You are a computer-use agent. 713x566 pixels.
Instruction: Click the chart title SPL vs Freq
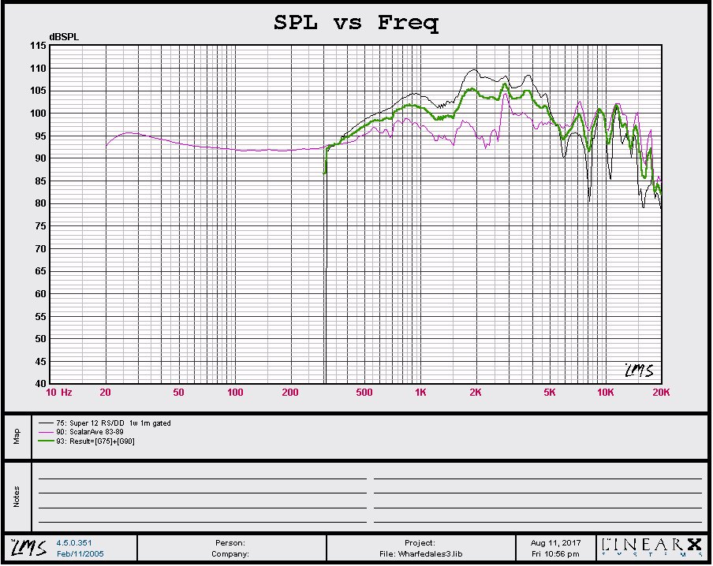[x=356, y=22]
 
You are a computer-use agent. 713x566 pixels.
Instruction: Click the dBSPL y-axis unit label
[x=64, y=37]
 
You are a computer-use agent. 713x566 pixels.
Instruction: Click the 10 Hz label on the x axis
[x=59, y=393]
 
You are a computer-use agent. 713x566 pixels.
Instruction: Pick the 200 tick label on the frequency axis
[x=290, y=393]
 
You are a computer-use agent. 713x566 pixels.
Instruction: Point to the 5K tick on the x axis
[x=550, y=393]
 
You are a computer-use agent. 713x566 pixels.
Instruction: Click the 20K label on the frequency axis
[x=661, y=393]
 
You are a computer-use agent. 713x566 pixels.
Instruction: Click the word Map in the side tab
[x=16, y=436]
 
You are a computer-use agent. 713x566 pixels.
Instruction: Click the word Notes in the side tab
[x=16, y=497]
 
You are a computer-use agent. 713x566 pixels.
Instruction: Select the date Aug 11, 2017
[x=554, y=543]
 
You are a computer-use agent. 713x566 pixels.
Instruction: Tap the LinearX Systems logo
[x=651, y=547]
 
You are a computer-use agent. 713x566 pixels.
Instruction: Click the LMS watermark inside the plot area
[x=638, y=371]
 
